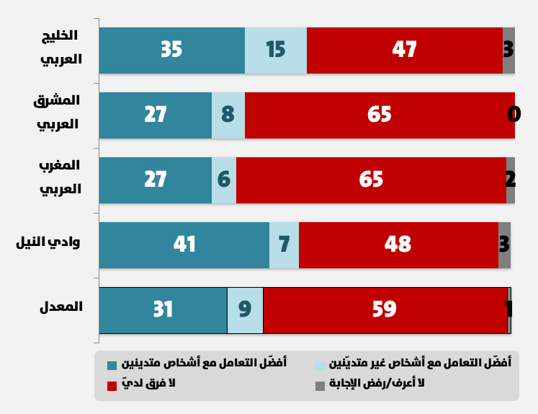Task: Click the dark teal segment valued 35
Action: [171, 50]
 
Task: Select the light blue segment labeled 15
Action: [276, 50]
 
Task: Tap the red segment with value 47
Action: [404, 50]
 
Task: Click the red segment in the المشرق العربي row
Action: [380, 115]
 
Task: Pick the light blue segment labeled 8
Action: [228, 115]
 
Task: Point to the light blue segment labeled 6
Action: [224, 180]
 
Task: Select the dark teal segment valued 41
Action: [184, 245]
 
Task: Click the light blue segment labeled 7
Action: [284, 245]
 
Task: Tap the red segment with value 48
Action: [398, 245]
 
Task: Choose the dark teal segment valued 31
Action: [163, 309]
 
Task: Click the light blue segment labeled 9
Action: [245, 309]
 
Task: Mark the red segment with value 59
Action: [385, 309]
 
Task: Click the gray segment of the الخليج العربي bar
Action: [508, 50]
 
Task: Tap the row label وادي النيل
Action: [48, 242]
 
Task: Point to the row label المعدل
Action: [61, 307]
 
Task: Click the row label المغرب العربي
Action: [60, 177]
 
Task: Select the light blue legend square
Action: [320, 365]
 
